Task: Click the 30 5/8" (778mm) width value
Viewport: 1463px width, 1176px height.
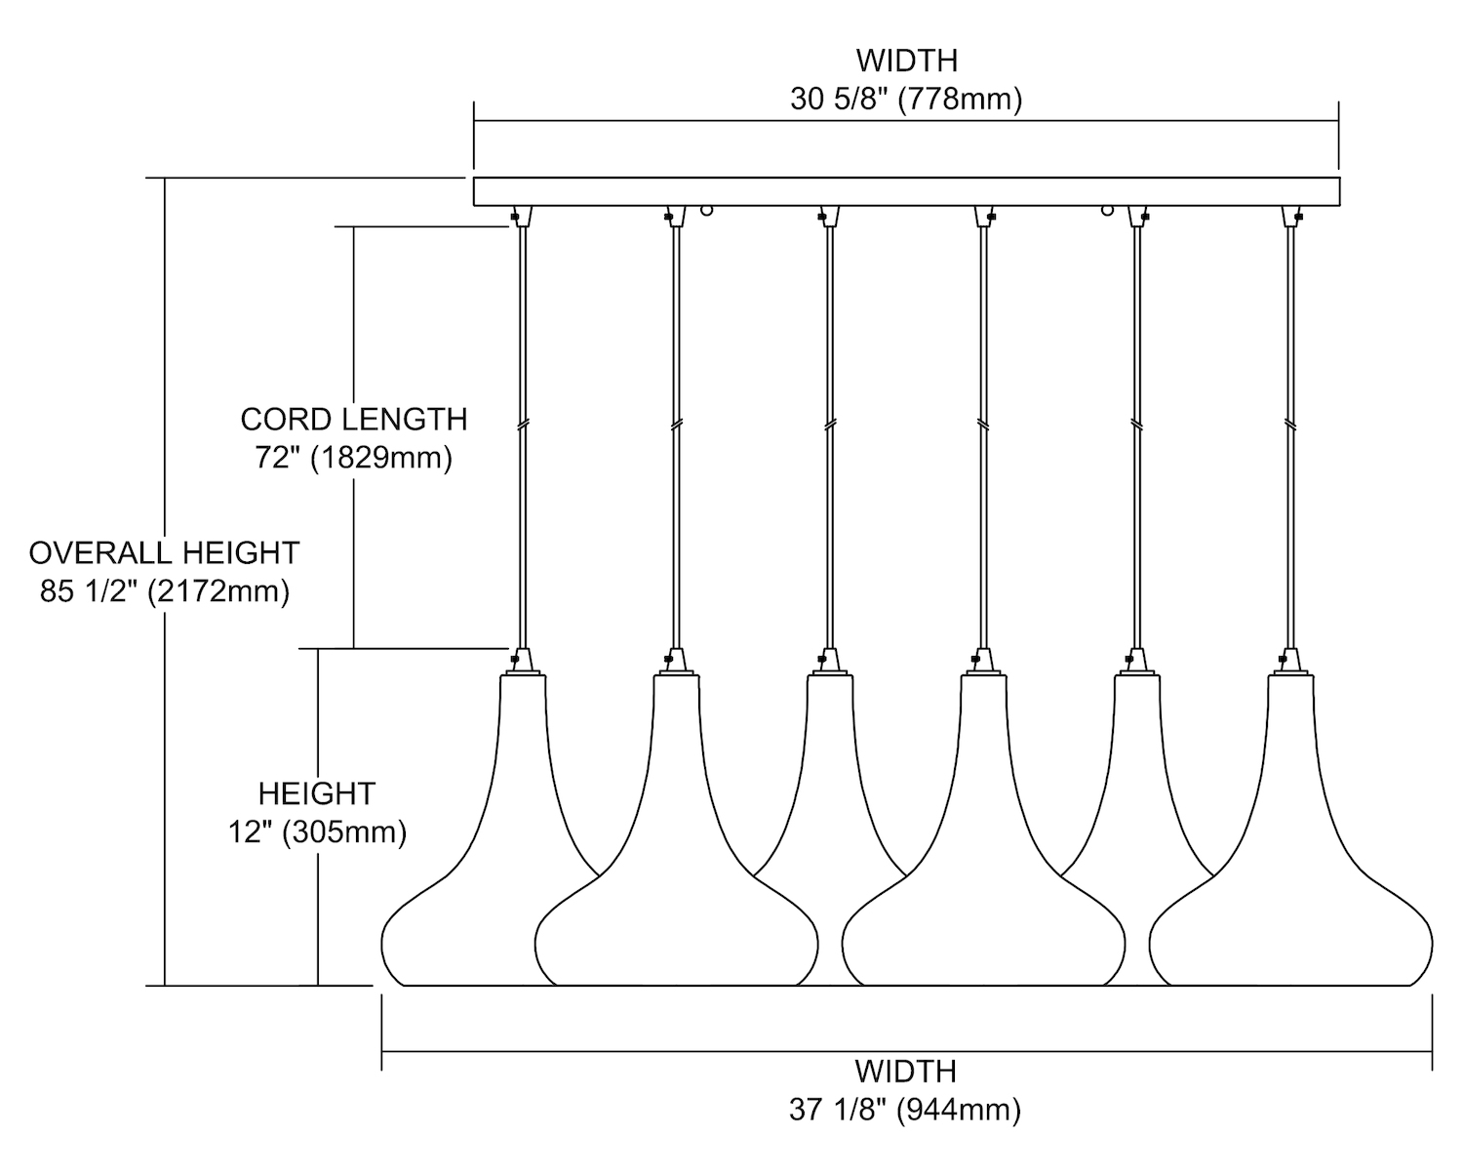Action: [906, 100]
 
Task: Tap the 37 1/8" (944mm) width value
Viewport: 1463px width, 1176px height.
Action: [906, 1110]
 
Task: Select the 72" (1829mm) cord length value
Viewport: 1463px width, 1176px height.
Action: [354, 458]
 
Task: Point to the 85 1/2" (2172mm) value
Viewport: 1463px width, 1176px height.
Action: [165, 590]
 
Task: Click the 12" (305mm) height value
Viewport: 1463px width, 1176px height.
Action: [318, 832]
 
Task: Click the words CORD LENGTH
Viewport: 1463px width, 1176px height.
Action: [354, 420]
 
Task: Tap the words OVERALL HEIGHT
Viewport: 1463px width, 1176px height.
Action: [164, 552]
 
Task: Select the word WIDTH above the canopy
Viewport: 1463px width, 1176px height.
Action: [906, 61]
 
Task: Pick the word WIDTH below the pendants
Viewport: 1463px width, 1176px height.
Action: [906, 1071]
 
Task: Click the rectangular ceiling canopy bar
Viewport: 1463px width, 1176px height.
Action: [906, 190]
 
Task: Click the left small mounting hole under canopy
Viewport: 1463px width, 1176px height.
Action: [707, 209]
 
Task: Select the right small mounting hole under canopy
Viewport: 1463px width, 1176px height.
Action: [1108, 209]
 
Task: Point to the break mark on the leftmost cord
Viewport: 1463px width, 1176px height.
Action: [523, 426]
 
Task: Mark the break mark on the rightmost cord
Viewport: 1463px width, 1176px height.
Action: [1291, 426]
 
